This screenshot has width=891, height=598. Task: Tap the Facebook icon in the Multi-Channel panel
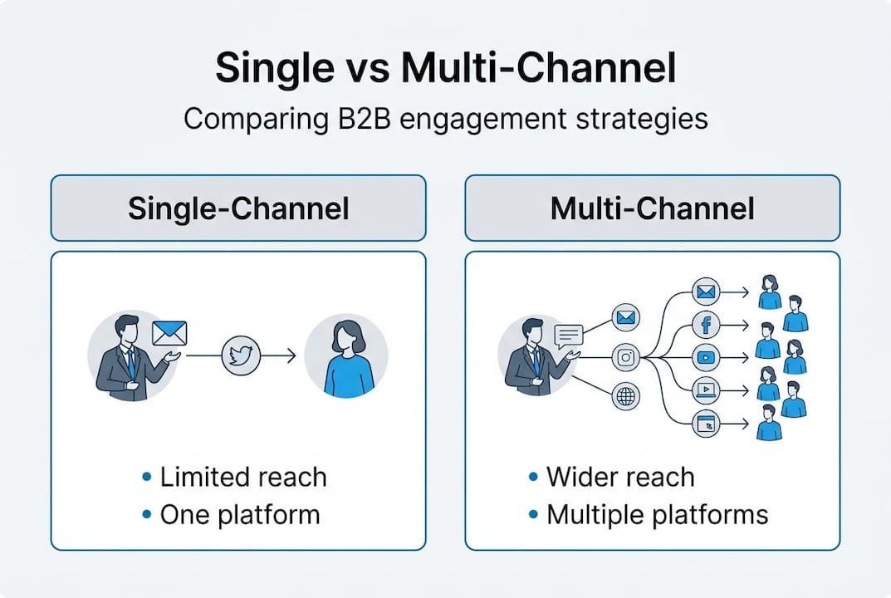707,325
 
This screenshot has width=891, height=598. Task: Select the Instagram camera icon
626,357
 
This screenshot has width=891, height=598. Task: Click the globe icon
626,396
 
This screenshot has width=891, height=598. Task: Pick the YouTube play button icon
707,357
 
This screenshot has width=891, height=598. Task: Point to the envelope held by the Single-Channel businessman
169,333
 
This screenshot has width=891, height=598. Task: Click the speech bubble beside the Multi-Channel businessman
569,334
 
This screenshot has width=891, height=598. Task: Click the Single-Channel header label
238,208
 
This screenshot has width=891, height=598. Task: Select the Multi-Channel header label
652,208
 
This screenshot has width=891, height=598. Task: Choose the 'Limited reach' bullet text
242,477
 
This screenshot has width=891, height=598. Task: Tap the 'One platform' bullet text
239,514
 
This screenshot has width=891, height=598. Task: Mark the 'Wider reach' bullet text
619,477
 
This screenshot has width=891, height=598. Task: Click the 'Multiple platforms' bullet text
657,514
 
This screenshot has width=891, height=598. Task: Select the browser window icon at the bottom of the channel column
707,422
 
